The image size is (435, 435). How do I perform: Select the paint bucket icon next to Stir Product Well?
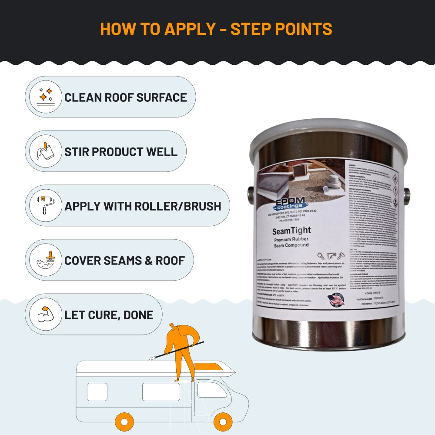[46, 151]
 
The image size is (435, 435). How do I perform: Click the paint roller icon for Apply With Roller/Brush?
[46, 205]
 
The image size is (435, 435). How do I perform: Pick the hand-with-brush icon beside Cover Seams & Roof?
[46, 260]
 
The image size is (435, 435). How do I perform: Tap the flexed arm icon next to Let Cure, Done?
[46, 314]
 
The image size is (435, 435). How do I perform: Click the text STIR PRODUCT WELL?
[121, 152]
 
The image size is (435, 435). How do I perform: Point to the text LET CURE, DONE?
[109, 315]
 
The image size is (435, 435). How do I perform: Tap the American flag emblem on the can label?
[336, 300]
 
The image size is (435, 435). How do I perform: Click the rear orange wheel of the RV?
[124, 422]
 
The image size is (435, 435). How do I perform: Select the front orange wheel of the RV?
[222, 422]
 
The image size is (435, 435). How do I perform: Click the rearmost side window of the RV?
[97, 391]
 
